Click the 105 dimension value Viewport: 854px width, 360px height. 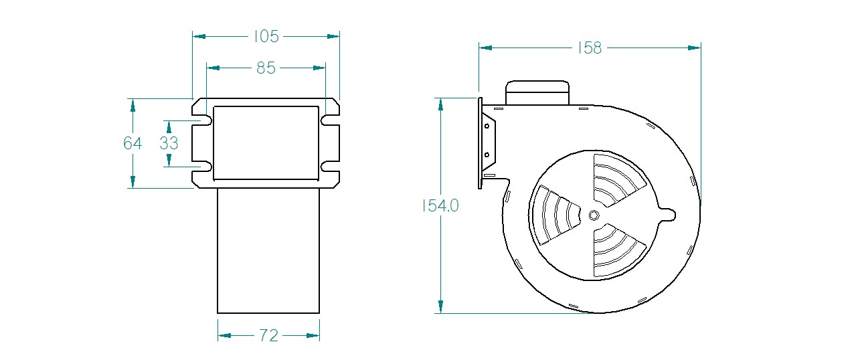(x=266, y=37)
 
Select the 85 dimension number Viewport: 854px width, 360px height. (x=266, y=68)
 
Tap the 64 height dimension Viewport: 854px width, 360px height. (x=133, y=143)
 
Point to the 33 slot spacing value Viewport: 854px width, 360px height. (x=169, y=143)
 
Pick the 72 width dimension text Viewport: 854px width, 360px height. (x=269, y=336)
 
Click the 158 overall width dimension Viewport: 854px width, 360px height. (x=590, y=48)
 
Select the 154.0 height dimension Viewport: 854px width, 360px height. (x=440, y=206)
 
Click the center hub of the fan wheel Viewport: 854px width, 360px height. (x=594, y=215)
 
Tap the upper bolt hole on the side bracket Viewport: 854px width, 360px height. (x=487, y=126)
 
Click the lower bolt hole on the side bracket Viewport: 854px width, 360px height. (x=487, y=155)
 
